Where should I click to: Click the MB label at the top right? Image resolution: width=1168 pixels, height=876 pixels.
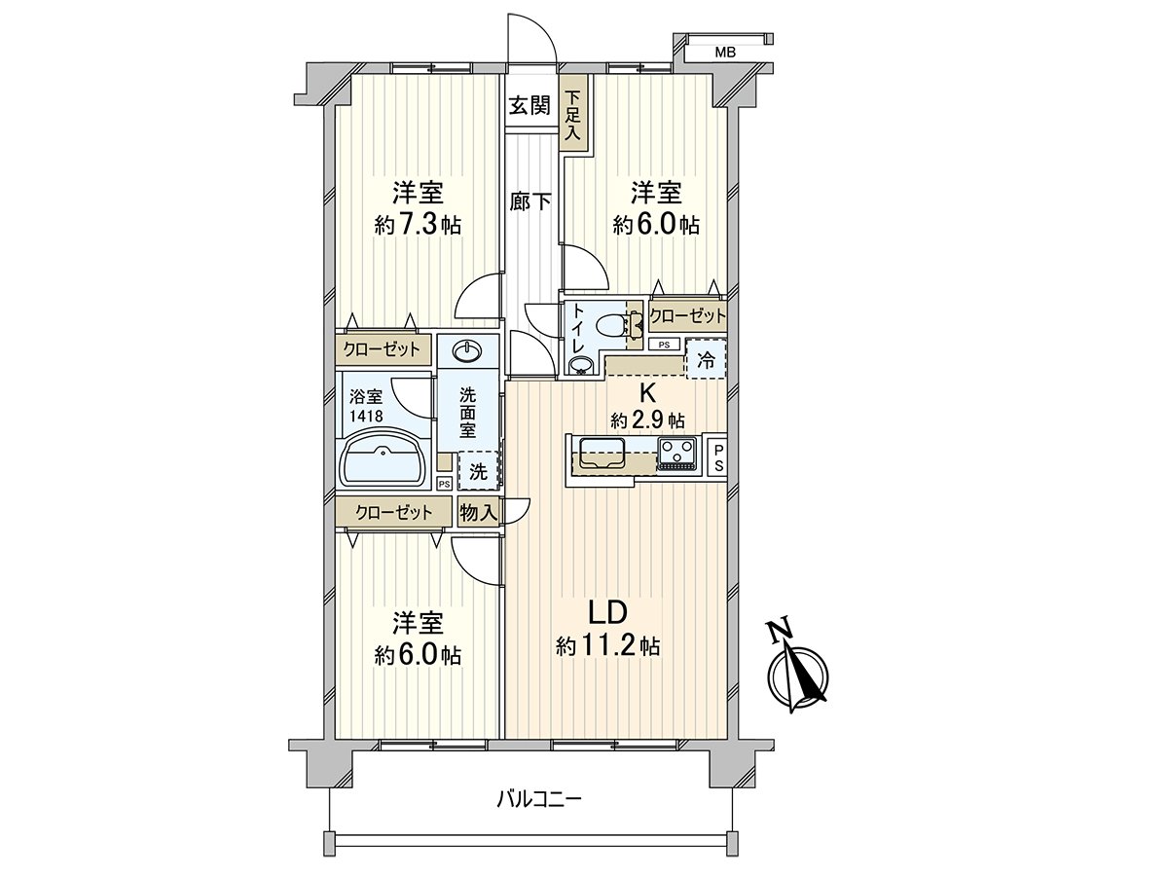726,53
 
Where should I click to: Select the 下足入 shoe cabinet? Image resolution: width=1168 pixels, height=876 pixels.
573,116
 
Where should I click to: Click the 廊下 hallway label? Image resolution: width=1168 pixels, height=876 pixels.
530,202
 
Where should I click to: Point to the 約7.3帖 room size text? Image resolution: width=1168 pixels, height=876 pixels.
418,226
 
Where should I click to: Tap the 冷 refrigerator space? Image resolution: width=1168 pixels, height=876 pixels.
708,359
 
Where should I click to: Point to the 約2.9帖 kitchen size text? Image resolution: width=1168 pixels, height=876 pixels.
647,420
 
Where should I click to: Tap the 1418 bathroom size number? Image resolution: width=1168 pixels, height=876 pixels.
366,416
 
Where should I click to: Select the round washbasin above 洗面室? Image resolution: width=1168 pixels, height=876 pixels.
467,349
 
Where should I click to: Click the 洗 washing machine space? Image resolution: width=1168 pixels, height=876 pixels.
478,471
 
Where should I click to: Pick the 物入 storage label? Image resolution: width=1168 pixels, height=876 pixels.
478,510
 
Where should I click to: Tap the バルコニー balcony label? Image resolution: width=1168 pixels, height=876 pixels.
538,800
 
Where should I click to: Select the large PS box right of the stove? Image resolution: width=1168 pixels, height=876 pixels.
716,457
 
